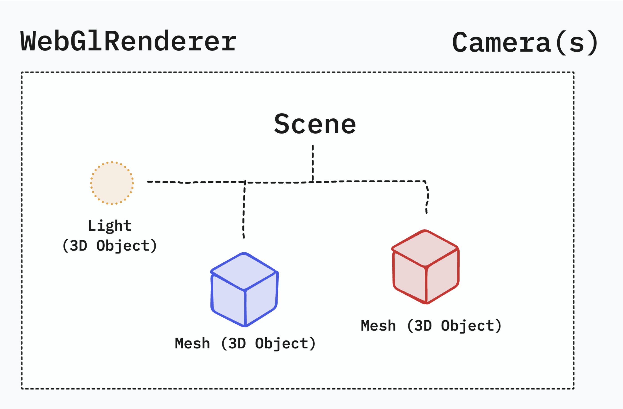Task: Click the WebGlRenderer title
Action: (128, 41)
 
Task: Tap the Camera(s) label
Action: (525, 42)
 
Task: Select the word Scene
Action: (315, 124)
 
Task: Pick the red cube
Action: (425, 267)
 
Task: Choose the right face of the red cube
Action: (442, 277)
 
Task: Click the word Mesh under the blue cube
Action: (192, 343)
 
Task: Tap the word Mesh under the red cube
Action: (378, 326)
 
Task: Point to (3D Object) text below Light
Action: (109, 246)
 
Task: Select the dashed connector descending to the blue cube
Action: (244, 209)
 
